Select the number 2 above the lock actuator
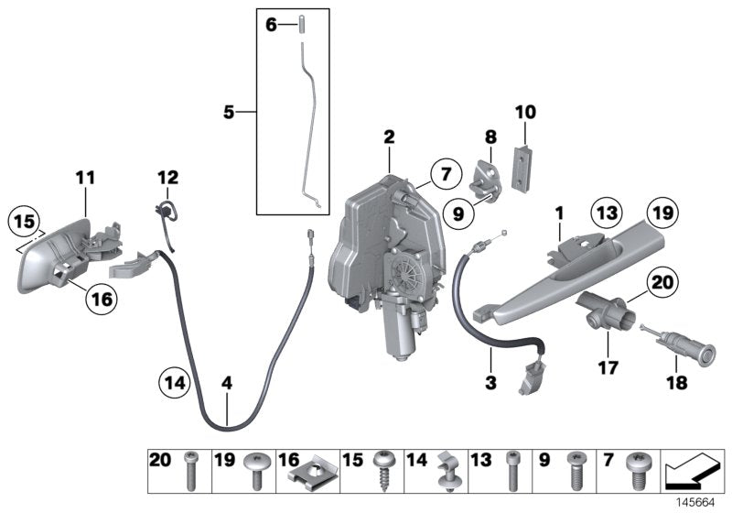point(389,138)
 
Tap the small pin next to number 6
point(300,25)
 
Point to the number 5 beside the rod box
point(229,113)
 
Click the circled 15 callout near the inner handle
point(25,222)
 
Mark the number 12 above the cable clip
point(167,177)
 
